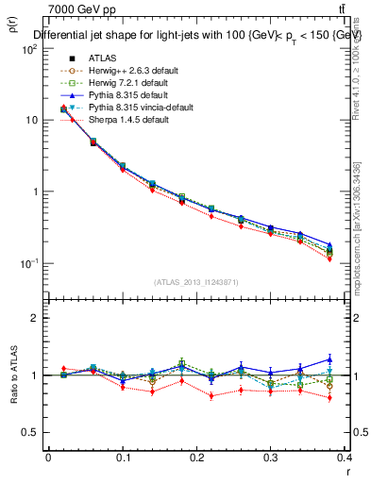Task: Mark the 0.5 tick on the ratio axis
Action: pos(35,432)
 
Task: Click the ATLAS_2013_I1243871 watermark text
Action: pos(196,282)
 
